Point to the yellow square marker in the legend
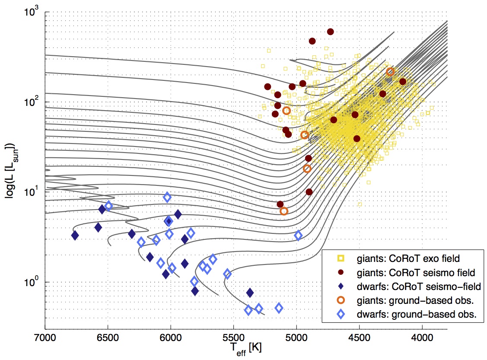click(x=341, y=259)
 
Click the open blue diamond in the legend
click(x=341, y=315)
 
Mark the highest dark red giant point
click(x=331, y=32)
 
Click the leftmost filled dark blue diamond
click(x=75, y=236)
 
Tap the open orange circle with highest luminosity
click(x=390, y=72)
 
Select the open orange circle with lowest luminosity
click(x=284, y=211)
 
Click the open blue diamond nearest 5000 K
click(x=298, y=236)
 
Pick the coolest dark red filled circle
click(x=403, y=82)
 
